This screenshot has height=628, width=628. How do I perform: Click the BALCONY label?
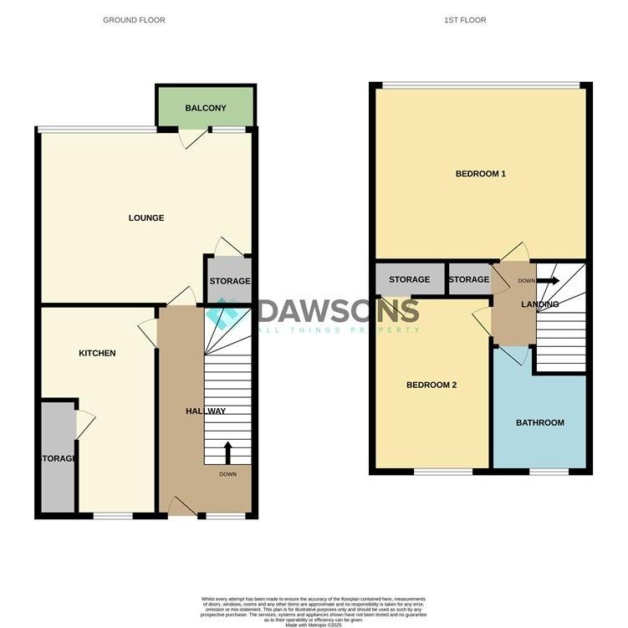tap(206, 108)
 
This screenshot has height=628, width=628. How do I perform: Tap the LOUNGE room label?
tap(146, 218)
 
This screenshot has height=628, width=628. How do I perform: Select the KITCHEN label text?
tap(97, 354)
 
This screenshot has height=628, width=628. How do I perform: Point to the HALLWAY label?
tap(206, 411)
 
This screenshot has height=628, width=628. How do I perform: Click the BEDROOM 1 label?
tap(481, 174)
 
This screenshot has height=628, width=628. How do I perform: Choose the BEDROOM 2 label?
tap(431, 385)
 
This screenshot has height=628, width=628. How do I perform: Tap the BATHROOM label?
tap(539, 423)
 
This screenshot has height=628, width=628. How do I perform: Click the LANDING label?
tap(539, 304)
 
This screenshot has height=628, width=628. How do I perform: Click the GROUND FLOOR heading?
tap(134, 20)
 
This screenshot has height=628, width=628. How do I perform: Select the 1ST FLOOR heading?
tap(467, 20)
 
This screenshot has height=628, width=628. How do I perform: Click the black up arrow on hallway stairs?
tap(227, 452)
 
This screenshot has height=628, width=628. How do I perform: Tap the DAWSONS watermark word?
tap(338, 311)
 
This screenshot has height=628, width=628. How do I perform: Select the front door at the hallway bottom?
tap(181, 506)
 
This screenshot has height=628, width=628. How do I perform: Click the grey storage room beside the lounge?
tap(228, 282)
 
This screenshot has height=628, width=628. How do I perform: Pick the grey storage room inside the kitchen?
tap(57, 457)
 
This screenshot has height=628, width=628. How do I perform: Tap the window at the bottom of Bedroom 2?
tap(443, 472)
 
